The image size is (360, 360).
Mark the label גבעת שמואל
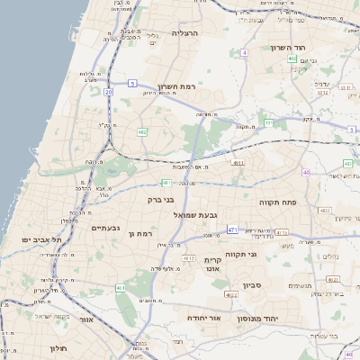click(x=193, y=215)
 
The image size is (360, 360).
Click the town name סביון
click(x=253, y=283)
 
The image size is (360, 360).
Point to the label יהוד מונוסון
click(x=256, y=319)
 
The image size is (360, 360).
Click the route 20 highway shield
click(x=108, y=92)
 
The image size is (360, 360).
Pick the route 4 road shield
click(x=244, y=53)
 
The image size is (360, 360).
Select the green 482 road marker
click(x=142, y=132)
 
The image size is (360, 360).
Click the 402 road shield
click(x=292, y=58)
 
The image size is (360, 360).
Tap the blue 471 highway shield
click(x=231, y=229)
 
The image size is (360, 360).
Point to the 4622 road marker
click(x=231, y=294)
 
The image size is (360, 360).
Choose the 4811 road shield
click(x=238, y=163)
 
